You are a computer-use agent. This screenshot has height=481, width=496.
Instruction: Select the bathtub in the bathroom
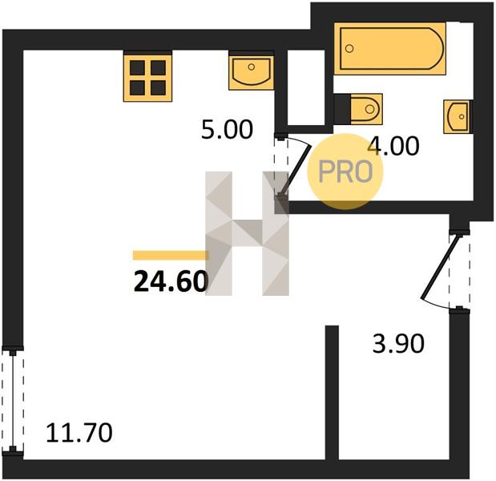point(390,49)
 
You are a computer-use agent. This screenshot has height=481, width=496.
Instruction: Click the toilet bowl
point(367,109)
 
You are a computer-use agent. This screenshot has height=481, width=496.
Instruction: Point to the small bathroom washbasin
point(458,116)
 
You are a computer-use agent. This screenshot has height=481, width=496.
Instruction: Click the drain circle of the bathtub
point(349,49)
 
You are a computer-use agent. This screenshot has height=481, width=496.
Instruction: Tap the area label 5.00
point(227,129)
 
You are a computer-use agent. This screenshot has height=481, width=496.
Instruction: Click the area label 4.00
point(394,146)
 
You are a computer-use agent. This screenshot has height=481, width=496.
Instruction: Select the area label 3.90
point(398,344)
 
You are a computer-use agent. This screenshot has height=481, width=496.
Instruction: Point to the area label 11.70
point(79,433)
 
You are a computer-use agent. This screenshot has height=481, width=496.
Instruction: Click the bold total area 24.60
point(171,281)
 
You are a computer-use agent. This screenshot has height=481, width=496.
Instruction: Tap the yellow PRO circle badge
point(345,172)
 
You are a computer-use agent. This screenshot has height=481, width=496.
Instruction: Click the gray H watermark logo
point(247,233)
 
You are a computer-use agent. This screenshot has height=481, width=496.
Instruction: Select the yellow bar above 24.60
point(171,255)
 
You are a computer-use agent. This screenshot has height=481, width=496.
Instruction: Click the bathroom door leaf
point(296,170)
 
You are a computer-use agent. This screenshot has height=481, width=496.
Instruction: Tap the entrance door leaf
point(440,267)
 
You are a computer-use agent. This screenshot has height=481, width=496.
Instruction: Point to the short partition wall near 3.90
point(333,392)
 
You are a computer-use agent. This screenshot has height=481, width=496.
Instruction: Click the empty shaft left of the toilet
point(306,87)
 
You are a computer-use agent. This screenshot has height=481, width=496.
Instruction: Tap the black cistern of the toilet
point(342,109)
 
